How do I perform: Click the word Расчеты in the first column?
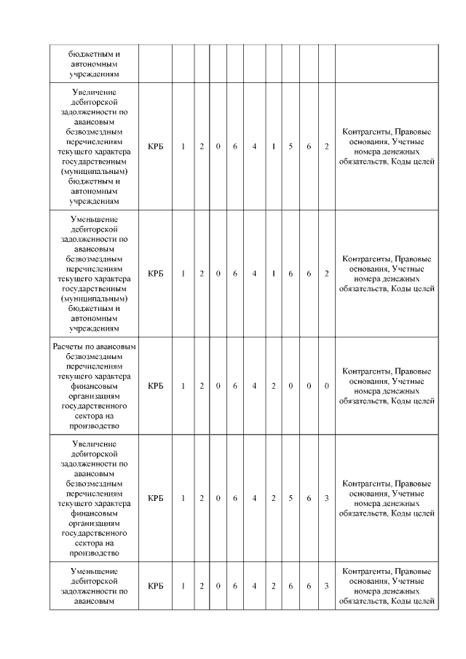point(68,346)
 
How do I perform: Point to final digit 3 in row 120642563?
point(326,499)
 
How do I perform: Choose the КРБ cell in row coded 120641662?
point(155,273)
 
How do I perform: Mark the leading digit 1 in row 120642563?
point(183,499)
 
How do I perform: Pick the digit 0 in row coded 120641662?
point(218,273)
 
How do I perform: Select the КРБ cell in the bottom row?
point(155,585)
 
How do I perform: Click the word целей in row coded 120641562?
point(422,162)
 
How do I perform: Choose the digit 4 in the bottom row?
point(254,585)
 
